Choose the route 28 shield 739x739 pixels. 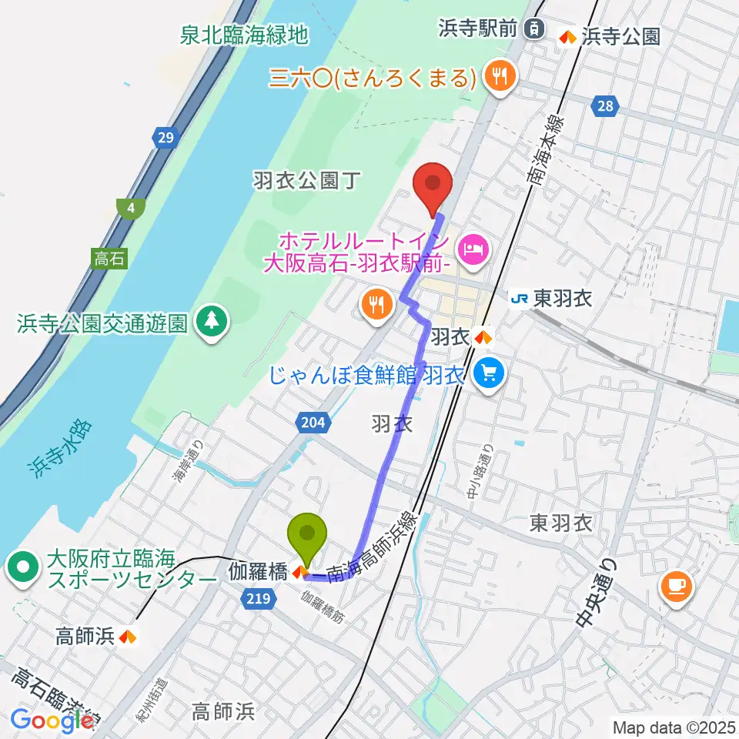(606, 106)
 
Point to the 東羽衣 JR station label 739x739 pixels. (552, 299)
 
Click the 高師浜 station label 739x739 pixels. (86, 636)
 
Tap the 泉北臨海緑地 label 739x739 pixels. (244, 35)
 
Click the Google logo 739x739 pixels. (52, 721)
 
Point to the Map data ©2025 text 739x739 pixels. (674, 727)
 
